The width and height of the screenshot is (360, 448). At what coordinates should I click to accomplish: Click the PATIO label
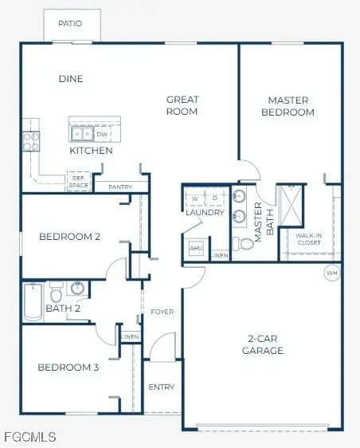click(70, 24)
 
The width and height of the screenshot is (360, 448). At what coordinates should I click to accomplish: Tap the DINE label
click(71, 79)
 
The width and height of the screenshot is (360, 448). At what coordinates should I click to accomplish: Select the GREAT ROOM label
click(182, 105)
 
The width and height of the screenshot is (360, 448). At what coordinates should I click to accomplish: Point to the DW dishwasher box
click(102, 135)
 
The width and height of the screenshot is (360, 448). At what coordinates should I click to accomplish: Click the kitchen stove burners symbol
click(31, 141)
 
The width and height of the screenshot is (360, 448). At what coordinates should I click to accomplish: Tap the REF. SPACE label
click(78, 183)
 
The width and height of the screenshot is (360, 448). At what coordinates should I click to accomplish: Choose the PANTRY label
click(120, 187)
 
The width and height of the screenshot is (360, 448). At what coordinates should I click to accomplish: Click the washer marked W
click(196, 197)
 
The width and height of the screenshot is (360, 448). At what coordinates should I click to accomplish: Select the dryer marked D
click(215, 197)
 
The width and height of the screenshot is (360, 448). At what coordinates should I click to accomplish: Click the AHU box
click(195, 249)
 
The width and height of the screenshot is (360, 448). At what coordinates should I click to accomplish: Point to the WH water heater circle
click(331, 273)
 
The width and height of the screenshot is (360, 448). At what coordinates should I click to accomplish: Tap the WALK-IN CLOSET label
click(308, 239)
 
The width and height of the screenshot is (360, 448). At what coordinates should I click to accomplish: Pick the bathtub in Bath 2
click(32, 301)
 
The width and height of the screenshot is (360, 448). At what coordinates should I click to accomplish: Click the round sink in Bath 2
click(78, 287)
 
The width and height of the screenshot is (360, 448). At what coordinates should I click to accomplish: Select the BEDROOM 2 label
click(69, 237)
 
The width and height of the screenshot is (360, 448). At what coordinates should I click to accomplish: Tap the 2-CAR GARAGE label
click(264, 344)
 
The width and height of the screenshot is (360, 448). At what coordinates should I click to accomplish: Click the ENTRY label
click(162, 387)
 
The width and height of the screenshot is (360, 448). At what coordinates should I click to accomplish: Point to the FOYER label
click(162, 312)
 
